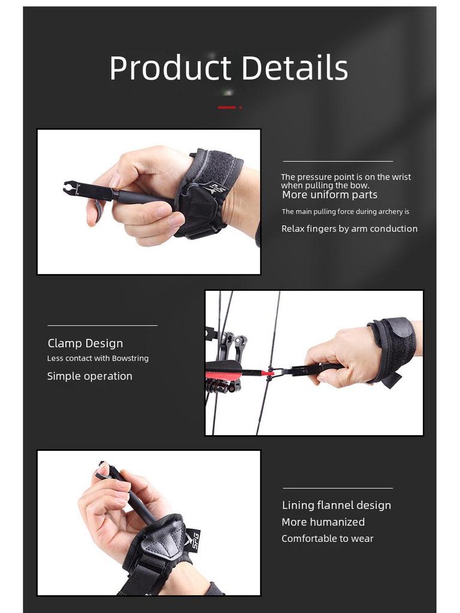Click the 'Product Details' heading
228,68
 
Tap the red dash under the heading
226,107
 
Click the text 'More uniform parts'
329,195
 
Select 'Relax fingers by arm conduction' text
349,229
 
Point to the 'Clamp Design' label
85,343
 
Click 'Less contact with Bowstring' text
98,358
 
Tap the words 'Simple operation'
89,376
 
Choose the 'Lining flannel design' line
336,505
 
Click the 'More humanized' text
323,522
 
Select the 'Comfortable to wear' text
327,539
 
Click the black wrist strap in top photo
210,192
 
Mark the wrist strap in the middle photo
392,347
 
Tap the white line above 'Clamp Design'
102,326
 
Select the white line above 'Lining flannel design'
338,488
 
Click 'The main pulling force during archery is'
346,211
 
